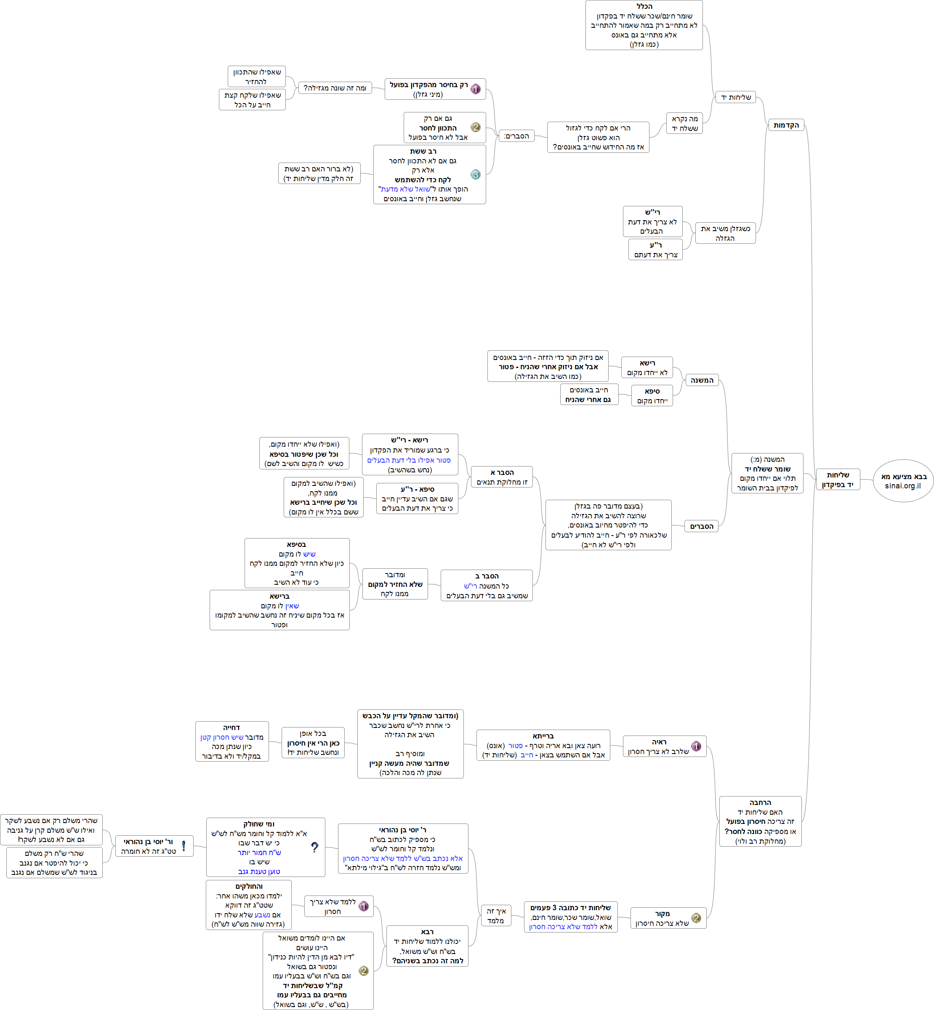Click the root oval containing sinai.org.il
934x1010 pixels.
(x=903, y=481)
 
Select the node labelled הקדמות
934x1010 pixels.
(x=786, y=125)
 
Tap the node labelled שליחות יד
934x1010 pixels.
(x=735, y=97)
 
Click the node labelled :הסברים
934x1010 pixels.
(x=516, y=136)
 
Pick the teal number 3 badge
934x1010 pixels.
(x=476, y=174)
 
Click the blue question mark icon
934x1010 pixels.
(x=314, y=847)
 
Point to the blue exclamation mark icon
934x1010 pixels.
(x=184, y=845)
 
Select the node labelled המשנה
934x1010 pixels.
(x=702, y=380)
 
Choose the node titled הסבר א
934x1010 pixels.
(x=501, y=477)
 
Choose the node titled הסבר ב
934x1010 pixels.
(x=487, y=585)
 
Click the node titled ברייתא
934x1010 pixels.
(x=543, y=745)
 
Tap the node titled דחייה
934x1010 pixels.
(x=232, y=741)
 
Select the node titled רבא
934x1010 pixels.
(x=427, y=946)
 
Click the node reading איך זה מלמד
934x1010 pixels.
(x=496, y=915)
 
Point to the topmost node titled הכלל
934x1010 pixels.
(x=644, y=25)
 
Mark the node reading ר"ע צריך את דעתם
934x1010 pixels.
(x=655, y=250)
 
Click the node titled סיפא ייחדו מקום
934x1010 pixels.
(x=652, y=395)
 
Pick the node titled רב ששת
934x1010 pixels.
(x=430, y=174)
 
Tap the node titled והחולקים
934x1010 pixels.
(x=249, y=905)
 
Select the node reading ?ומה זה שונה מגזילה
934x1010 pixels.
(x=335, y=88)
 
